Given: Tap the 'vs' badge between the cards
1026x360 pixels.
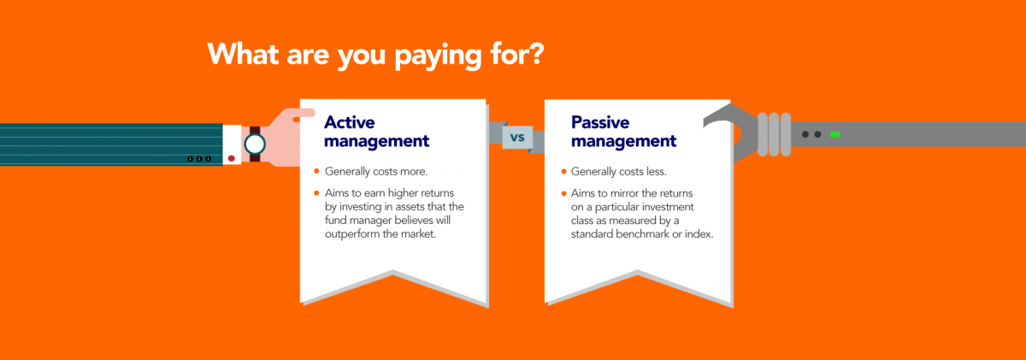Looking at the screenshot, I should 516,138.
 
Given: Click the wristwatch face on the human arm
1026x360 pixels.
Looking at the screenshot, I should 254,145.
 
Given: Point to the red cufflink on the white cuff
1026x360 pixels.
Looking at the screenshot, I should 230,158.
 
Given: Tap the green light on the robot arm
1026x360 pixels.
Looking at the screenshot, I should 834,134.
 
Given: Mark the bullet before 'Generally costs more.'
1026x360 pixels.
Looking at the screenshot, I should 316,172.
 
